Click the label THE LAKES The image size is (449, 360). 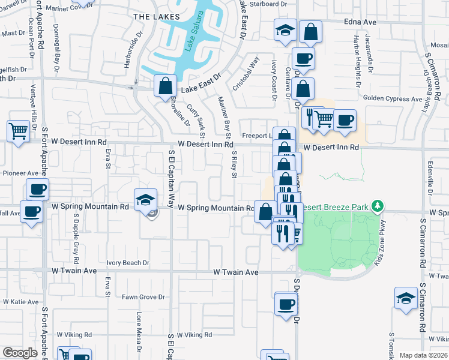point(152,17)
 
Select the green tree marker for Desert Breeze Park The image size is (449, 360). point(377,206)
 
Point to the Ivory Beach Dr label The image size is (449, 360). point(128,263)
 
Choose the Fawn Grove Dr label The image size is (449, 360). point(143,297)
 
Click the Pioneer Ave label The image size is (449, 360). point(20,173)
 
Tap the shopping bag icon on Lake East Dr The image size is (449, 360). point(164,85)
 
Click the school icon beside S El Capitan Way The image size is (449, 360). point(145,199)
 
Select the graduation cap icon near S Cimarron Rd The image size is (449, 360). point(406,298)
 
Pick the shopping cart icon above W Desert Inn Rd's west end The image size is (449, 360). point(18,130)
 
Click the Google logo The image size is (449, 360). point(20,352)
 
